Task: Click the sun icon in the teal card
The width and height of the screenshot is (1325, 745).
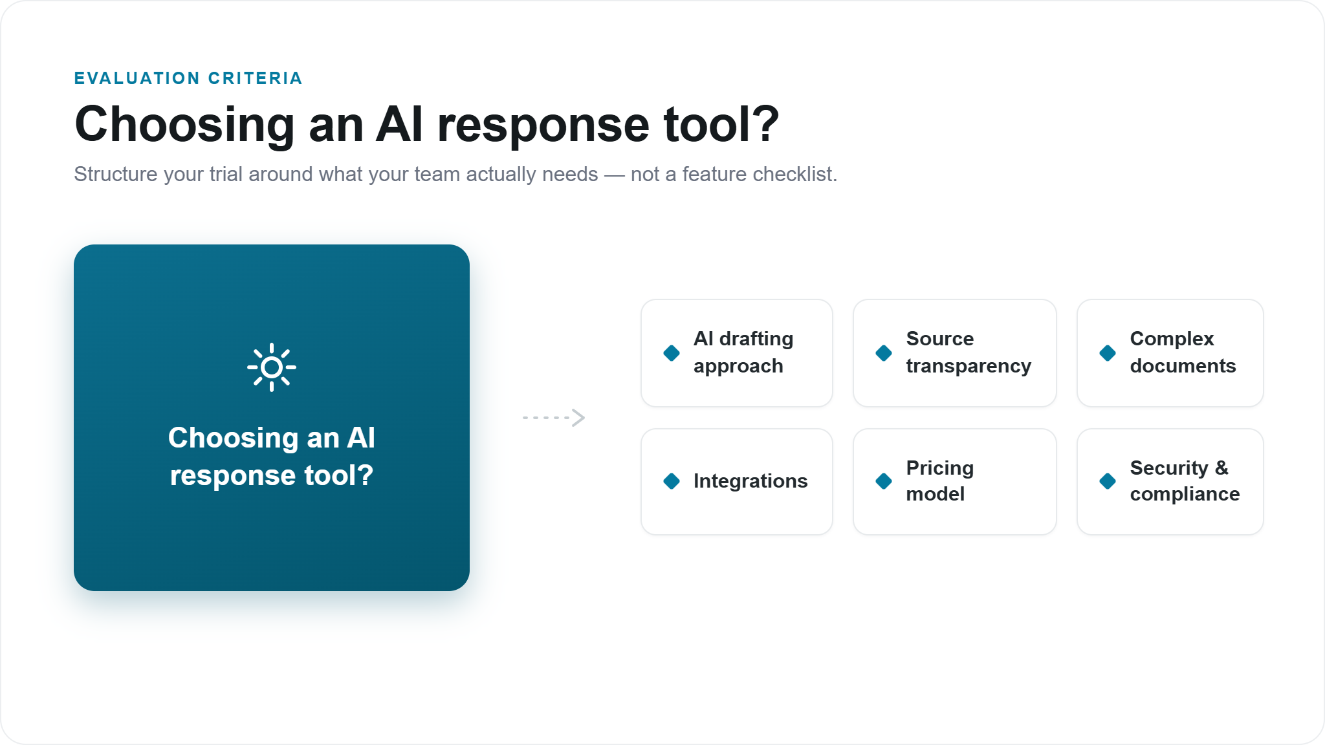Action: pos(272,367)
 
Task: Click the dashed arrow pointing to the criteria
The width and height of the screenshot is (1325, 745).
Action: pos(554,418)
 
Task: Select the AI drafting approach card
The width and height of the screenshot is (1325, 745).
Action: pos(737,353)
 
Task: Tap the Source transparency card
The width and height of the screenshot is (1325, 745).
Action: pos(955,353)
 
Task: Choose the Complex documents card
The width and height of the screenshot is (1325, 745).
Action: pos(1170,353)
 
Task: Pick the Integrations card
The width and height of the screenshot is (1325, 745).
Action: pos(737,482)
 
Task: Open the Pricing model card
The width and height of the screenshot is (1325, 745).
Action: pos(955,482)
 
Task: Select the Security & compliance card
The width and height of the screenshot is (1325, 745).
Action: pos(1170,482)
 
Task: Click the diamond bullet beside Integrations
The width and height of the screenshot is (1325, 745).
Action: pos(672,481)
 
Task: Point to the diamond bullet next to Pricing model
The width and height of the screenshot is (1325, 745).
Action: pos(884,481)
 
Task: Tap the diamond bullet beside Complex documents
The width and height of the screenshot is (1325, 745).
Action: pos(1108,353)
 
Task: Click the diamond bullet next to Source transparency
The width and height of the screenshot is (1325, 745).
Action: pos(884,353)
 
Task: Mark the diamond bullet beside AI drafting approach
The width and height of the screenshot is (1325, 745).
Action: pos(672,353)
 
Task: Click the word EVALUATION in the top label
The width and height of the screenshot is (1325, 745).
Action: pos(137,78)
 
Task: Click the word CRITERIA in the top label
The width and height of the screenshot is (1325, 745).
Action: pos(256,78)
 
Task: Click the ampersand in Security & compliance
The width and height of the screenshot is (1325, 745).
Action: pos(1221,468)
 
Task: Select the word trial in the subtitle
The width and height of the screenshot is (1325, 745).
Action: pos(226,174)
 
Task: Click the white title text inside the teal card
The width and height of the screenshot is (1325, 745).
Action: pos(272,457)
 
